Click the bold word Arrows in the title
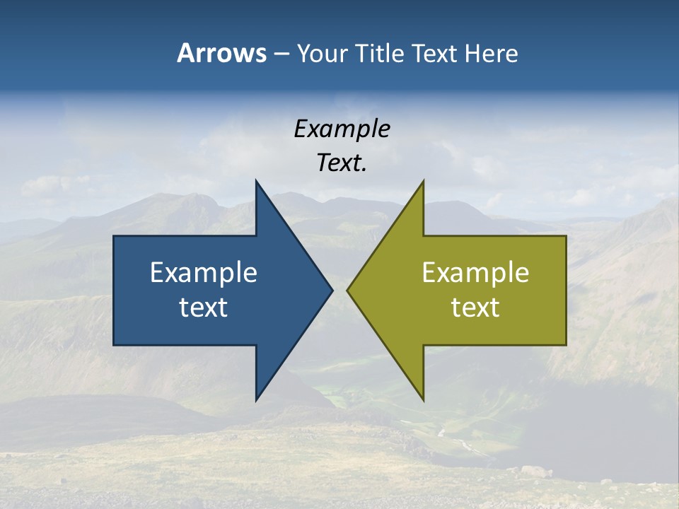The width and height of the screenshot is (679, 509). tap(221, 53)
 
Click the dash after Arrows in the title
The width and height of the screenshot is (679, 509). tap(282, 54)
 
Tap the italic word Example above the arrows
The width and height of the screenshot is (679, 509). tap(342, 129)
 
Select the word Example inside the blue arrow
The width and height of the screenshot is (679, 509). tap(204, 272)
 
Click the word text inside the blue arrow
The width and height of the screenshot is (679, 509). tap(204, 307)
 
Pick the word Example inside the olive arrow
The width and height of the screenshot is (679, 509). tap(475, 272)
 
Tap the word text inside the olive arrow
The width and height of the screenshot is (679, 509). tap(475, 307)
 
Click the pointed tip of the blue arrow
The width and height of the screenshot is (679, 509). tap(332, 290)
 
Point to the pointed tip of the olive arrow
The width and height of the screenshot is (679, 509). tap(348, 290)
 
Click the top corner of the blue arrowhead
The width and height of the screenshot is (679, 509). tap(257, 182)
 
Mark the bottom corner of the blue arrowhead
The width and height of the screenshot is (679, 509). tap(257, 399)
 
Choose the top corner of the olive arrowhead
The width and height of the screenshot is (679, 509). tap(423, 182)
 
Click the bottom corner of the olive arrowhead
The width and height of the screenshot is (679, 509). tap(423, 399)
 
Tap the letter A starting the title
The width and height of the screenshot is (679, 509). tap(185, 53)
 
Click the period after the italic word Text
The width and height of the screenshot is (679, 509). tap(365, 170)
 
